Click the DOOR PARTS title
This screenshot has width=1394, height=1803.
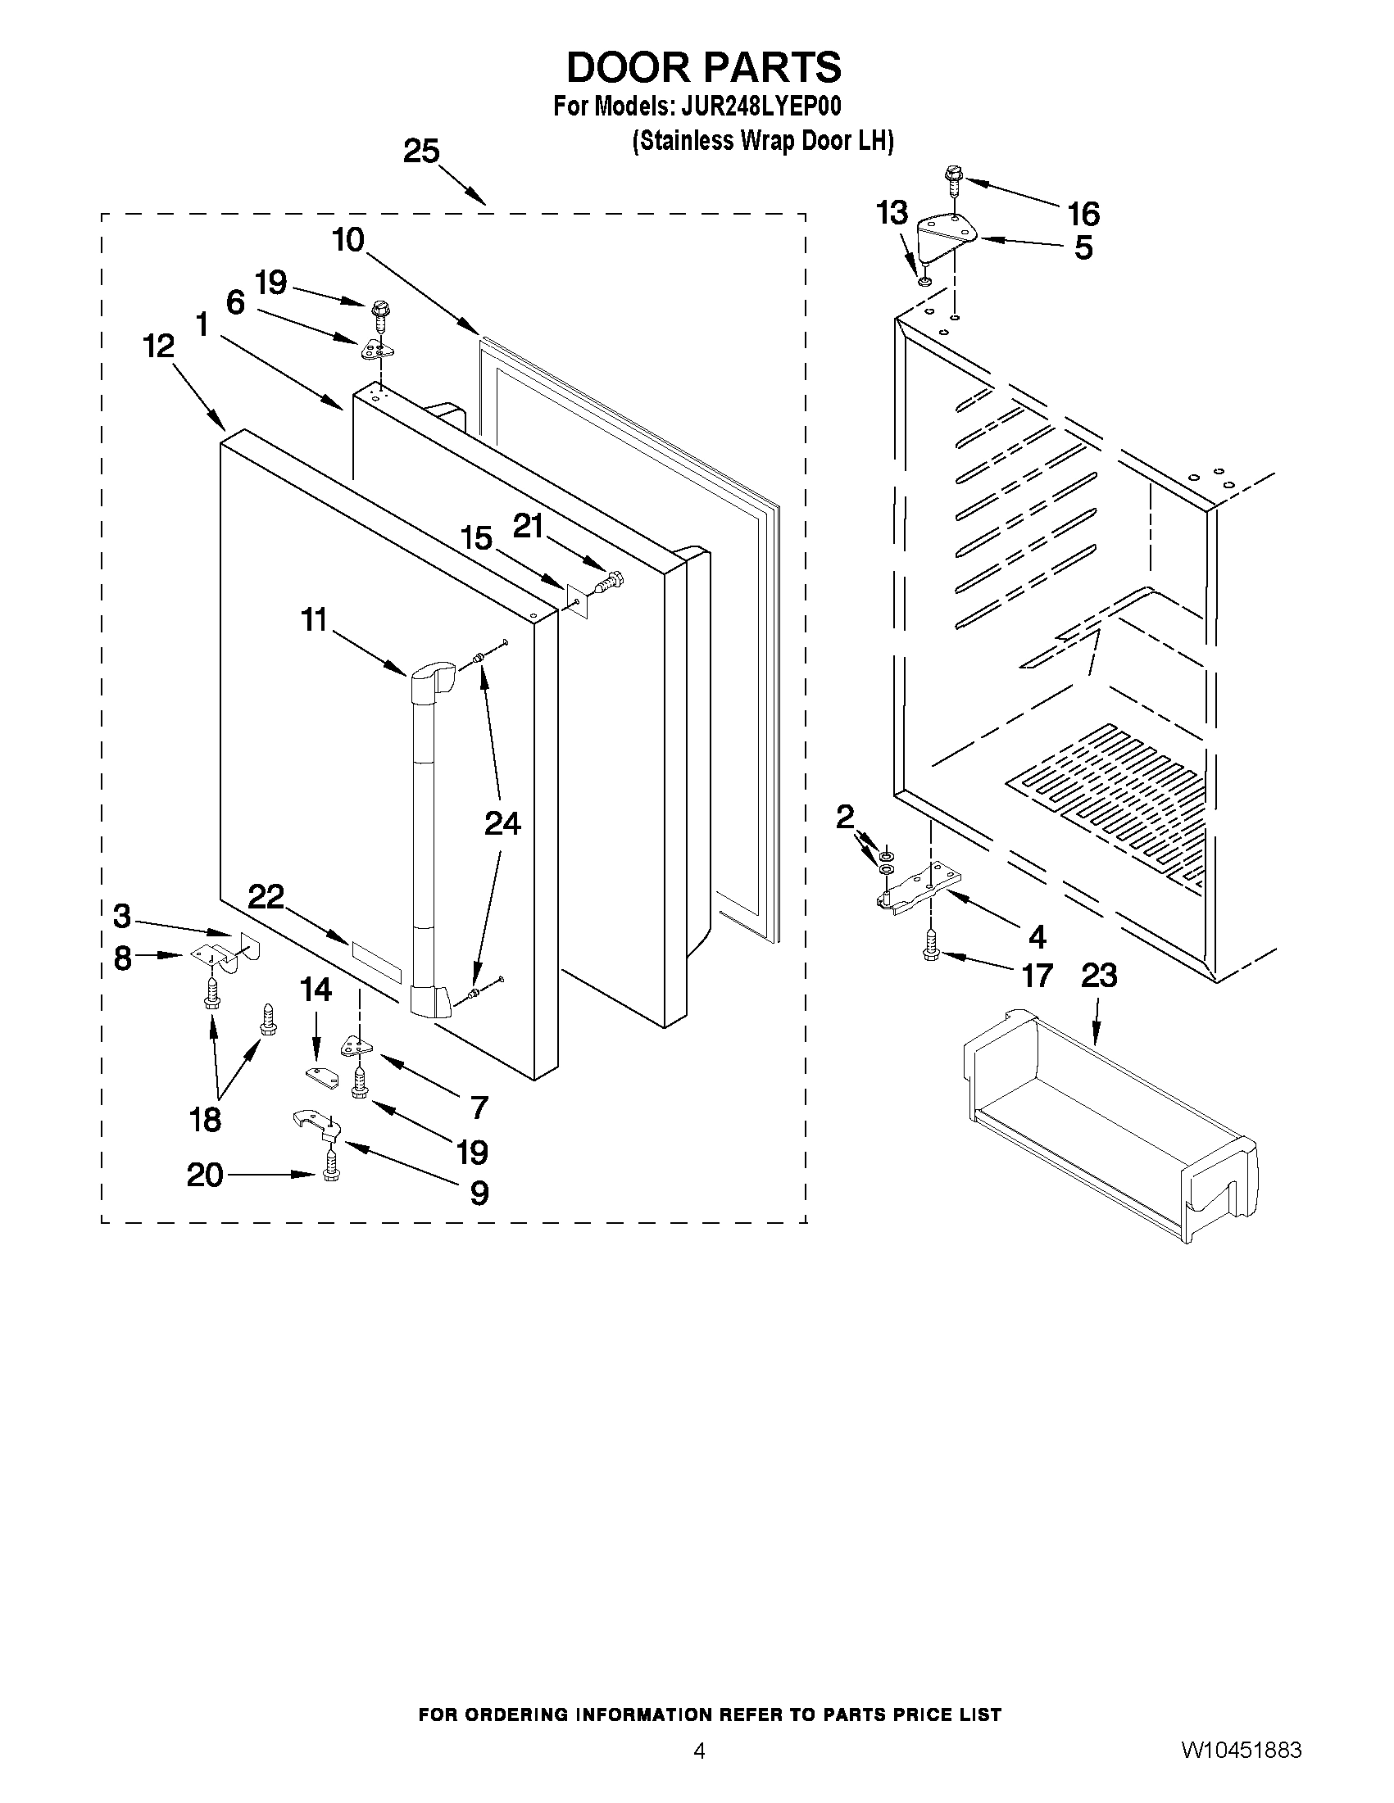point(704,67)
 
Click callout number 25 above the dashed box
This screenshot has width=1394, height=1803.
point(421,152)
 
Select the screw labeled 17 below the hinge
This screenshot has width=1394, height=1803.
point(931,945)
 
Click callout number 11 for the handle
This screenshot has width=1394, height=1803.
point(314,619)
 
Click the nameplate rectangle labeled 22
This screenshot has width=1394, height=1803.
point(376,961)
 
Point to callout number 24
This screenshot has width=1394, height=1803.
point(502,823)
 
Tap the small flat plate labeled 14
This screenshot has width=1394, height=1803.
point(321,1076)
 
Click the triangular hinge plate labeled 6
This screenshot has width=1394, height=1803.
point(377,349)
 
